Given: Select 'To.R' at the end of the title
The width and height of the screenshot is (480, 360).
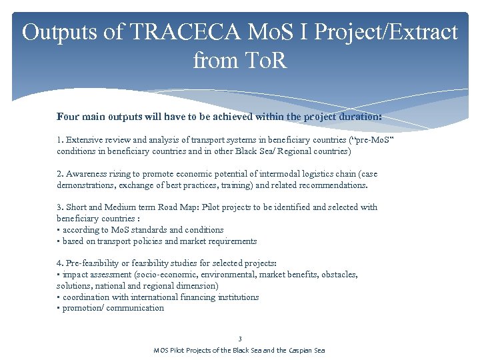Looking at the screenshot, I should [x=265, y=61].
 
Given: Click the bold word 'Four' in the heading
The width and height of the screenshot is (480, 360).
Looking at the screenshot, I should [x=68, y=117].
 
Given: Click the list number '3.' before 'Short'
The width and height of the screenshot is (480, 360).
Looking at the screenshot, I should [x=60, y=207].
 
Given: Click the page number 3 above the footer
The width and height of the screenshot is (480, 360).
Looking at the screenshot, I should [x=240, y=339].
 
